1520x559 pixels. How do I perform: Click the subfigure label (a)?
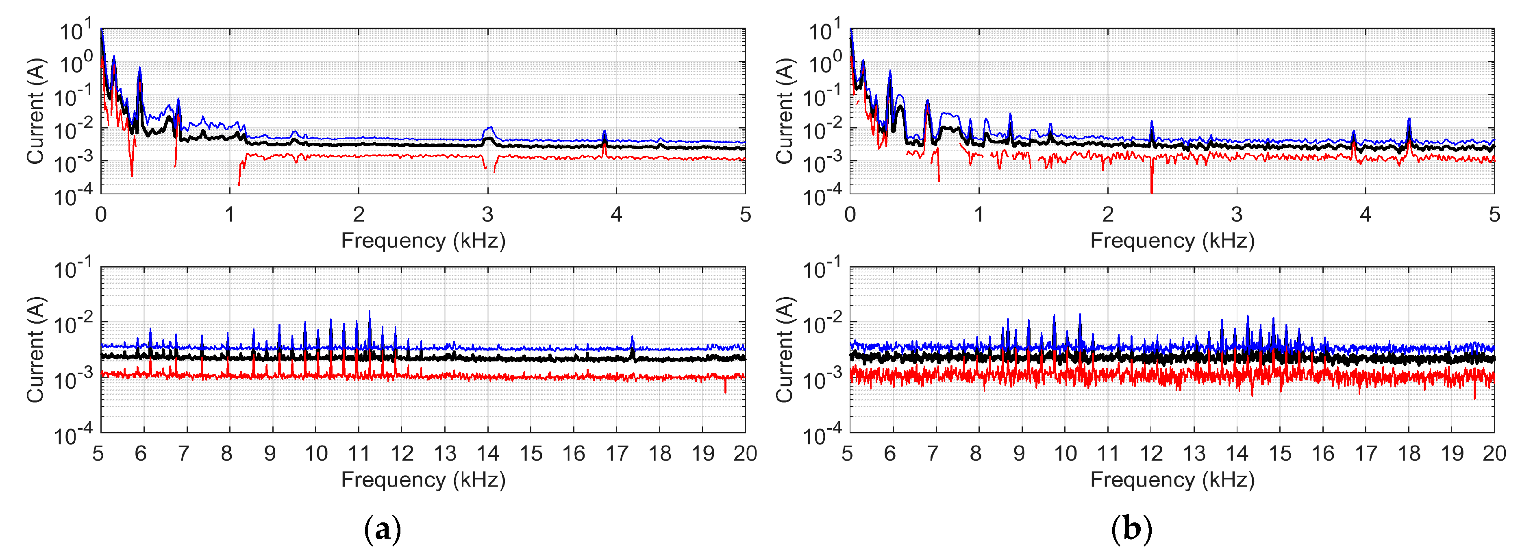(383, 529)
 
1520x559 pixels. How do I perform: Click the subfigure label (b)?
(1131, 529)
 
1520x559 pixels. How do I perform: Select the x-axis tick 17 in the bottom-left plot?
(617, 453)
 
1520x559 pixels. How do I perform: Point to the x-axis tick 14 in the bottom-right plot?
(1237, 453)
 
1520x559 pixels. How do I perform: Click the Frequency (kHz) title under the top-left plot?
(423, 241)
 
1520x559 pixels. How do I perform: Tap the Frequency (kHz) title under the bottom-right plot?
(1172, 479)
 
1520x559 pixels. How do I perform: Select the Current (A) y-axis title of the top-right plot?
(784, 111)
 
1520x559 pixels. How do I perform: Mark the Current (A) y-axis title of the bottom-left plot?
(35, 350)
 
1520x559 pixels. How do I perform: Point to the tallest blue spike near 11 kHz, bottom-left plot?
(370, 312)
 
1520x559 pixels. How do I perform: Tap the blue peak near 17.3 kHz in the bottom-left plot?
(632, 338)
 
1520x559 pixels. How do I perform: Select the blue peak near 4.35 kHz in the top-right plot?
(1409, 120)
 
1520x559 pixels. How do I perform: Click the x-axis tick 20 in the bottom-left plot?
(745, 453)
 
